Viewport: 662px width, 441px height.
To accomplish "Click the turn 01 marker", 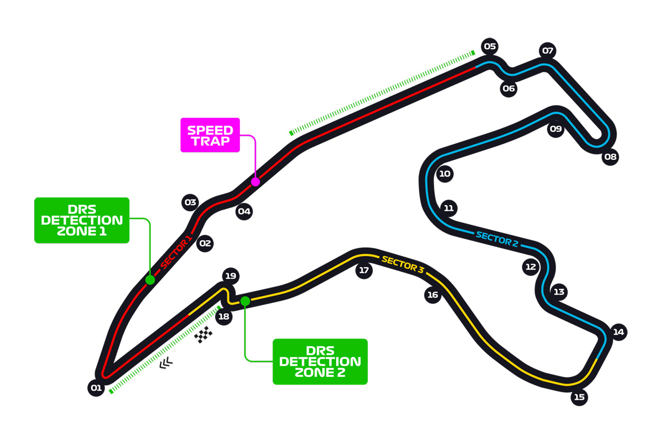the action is tap(96, 388).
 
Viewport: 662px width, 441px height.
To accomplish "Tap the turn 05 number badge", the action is tap(490, 47).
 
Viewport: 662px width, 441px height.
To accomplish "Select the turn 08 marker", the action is tap(610, 157).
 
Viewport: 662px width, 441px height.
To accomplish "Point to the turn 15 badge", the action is tap(579, 397).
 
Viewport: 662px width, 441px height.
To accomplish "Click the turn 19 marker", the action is tap(231, 276).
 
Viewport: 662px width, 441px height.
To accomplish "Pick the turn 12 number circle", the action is tap(531, 267).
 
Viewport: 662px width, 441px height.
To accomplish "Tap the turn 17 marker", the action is tap(364, 270).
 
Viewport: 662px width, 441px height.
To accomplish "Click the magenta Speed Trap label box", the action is tap(210, 135).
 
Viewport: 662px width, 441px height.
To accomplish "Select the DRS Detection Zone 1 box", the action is tap(82, 220).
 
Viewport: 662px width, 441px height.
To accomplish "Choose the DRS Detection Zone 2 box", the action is tap(320, 361).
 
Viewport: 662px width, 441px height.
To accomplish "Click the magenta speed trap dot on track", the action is tap(255, 181).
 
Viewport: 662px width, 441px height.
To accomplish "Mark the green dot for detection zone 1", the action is tap(150, 280).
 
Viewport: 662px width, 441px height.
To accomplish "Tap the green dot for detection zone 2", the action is tap(245, 301).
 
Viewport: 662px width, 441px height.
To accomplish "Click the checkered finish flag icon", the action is tap(203, 334).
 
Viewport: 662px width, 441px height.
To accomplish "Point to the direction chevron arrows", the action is tap(166, 363).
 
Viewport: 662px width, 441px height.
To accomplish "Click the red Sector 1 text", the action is tap(176, 252).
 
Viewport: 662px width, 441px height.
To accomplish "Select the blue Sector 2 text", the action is tap(497, 239).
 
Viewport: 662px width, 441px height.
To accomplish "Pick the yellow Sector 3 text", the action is tap(403, 264).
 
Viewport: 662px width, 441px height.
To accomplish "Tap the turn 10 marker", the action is tap(445, 174).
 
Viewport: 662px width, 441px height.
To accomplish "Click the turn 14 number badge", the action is tap(619, 332).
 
